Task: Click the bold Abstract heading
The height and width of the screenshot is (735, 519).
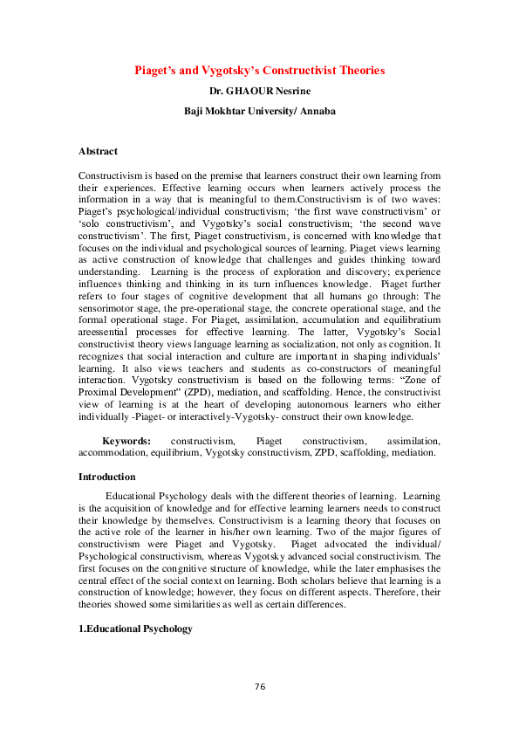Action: coord(98,152)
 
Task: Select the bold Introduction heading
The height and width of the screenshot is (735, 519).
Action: coord(106,477)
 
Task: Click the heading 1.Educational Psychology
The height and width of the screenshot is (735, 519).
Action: coord(135,629)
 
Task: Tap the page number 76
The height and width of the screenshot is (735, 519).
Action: coord(259,687)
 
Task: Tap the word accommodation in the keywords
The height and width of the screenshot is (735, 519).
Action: coord(109,454)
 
